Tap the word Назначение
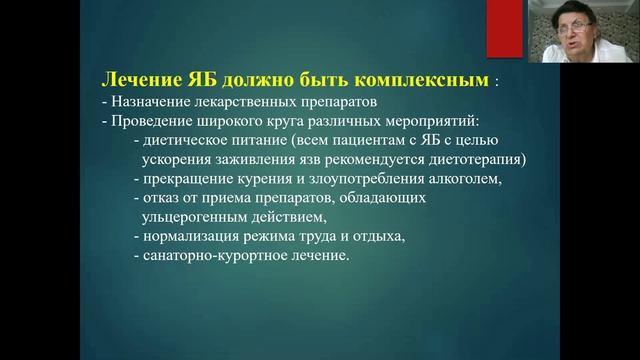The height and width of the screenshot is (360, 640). coord(150,100)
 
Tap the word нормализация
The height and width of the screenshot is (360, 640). coord(187,236)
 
